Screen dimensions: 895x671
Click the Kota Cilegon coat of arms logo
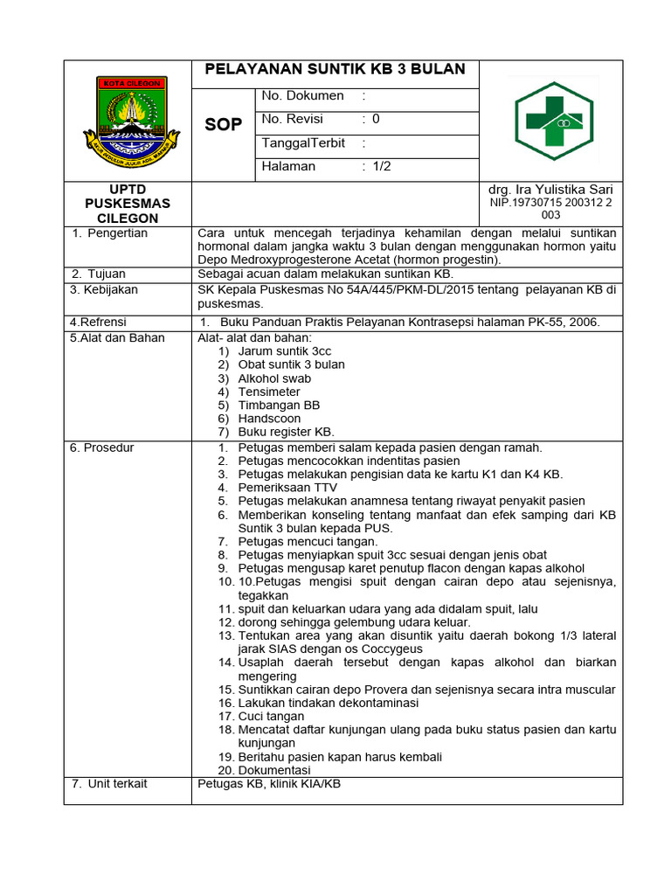[x=130, y=121]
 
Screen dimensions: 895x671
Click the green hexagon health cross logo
[x=553, y=121]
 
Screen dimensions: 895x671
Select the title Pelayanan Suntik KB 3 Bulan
[x=335, y=70]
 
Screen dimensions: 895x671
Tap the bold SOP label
[x=223, y=125]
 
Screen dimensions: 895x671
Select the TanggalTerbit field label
[x=303, y=143]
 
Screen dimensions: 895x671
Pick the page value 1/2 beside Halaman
[x=381, y=166]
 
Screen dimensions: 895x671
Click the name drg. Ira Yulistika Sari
[x=550, y=190]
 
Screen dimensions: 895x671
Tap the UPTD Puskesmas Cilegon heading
[x=128, y=204]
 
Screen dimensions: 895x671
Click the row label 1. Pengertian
[x=110, y=233]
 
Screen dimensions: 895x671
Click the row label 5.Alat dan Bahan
[x=117, y=338]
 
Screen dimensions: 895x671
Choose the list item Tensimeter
[x=269, y=392]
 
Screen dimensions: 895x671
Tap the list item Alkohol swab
[x=274, y=378]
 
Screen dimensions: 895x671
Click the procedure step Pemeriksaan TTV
[x=287, y=488]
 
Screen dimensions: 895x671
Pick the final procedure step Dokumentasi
[x=274, y=770]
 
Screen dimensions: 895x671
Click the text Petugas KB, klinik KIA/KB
[x=269, y=784]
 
